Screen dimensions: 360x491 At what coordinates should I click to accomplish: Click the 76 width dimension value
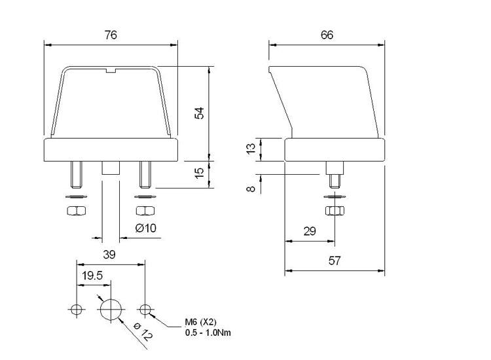(x=111, y=35)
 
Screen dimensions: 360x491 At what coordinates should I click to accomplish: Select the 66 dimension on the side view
(x=327, y=35)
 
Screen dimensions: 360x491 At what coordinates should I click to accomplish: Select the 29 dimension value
(x=310, y=232)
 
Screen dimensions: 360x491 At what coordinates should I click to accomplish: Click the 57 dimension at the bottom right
(x=334, y=261)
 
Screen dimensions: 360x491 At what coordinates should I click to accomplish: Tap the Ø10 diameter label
(x=145, y=228)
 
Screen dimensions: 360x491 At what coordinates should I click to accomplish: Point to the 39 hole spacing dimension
(x=110, y=255)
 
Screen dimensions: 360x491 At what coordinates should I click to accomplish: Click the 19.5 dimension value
(x=92, y=276)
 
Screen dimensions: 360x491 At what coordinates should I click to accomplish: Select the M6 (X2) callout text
(x=200, y=322)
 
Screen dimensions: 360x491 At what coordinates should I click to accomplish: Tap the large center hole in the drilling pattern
(x=111, y=308)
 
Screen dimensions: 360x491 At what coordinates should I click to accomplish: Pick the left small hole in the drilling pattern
(x=77, y=308)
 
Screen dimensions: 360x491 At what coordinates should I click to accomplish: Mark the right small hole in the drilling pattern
(x=145, y=308)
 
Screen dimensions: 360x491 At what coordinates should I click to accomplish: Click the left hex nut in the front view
(x=74, y=211)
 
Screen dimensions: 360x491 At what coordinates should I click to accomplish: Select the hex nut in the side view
(x=334, y=211)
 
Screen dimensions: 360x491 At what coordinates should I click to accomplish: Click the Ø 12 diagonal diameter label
(x=143, y=333)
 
